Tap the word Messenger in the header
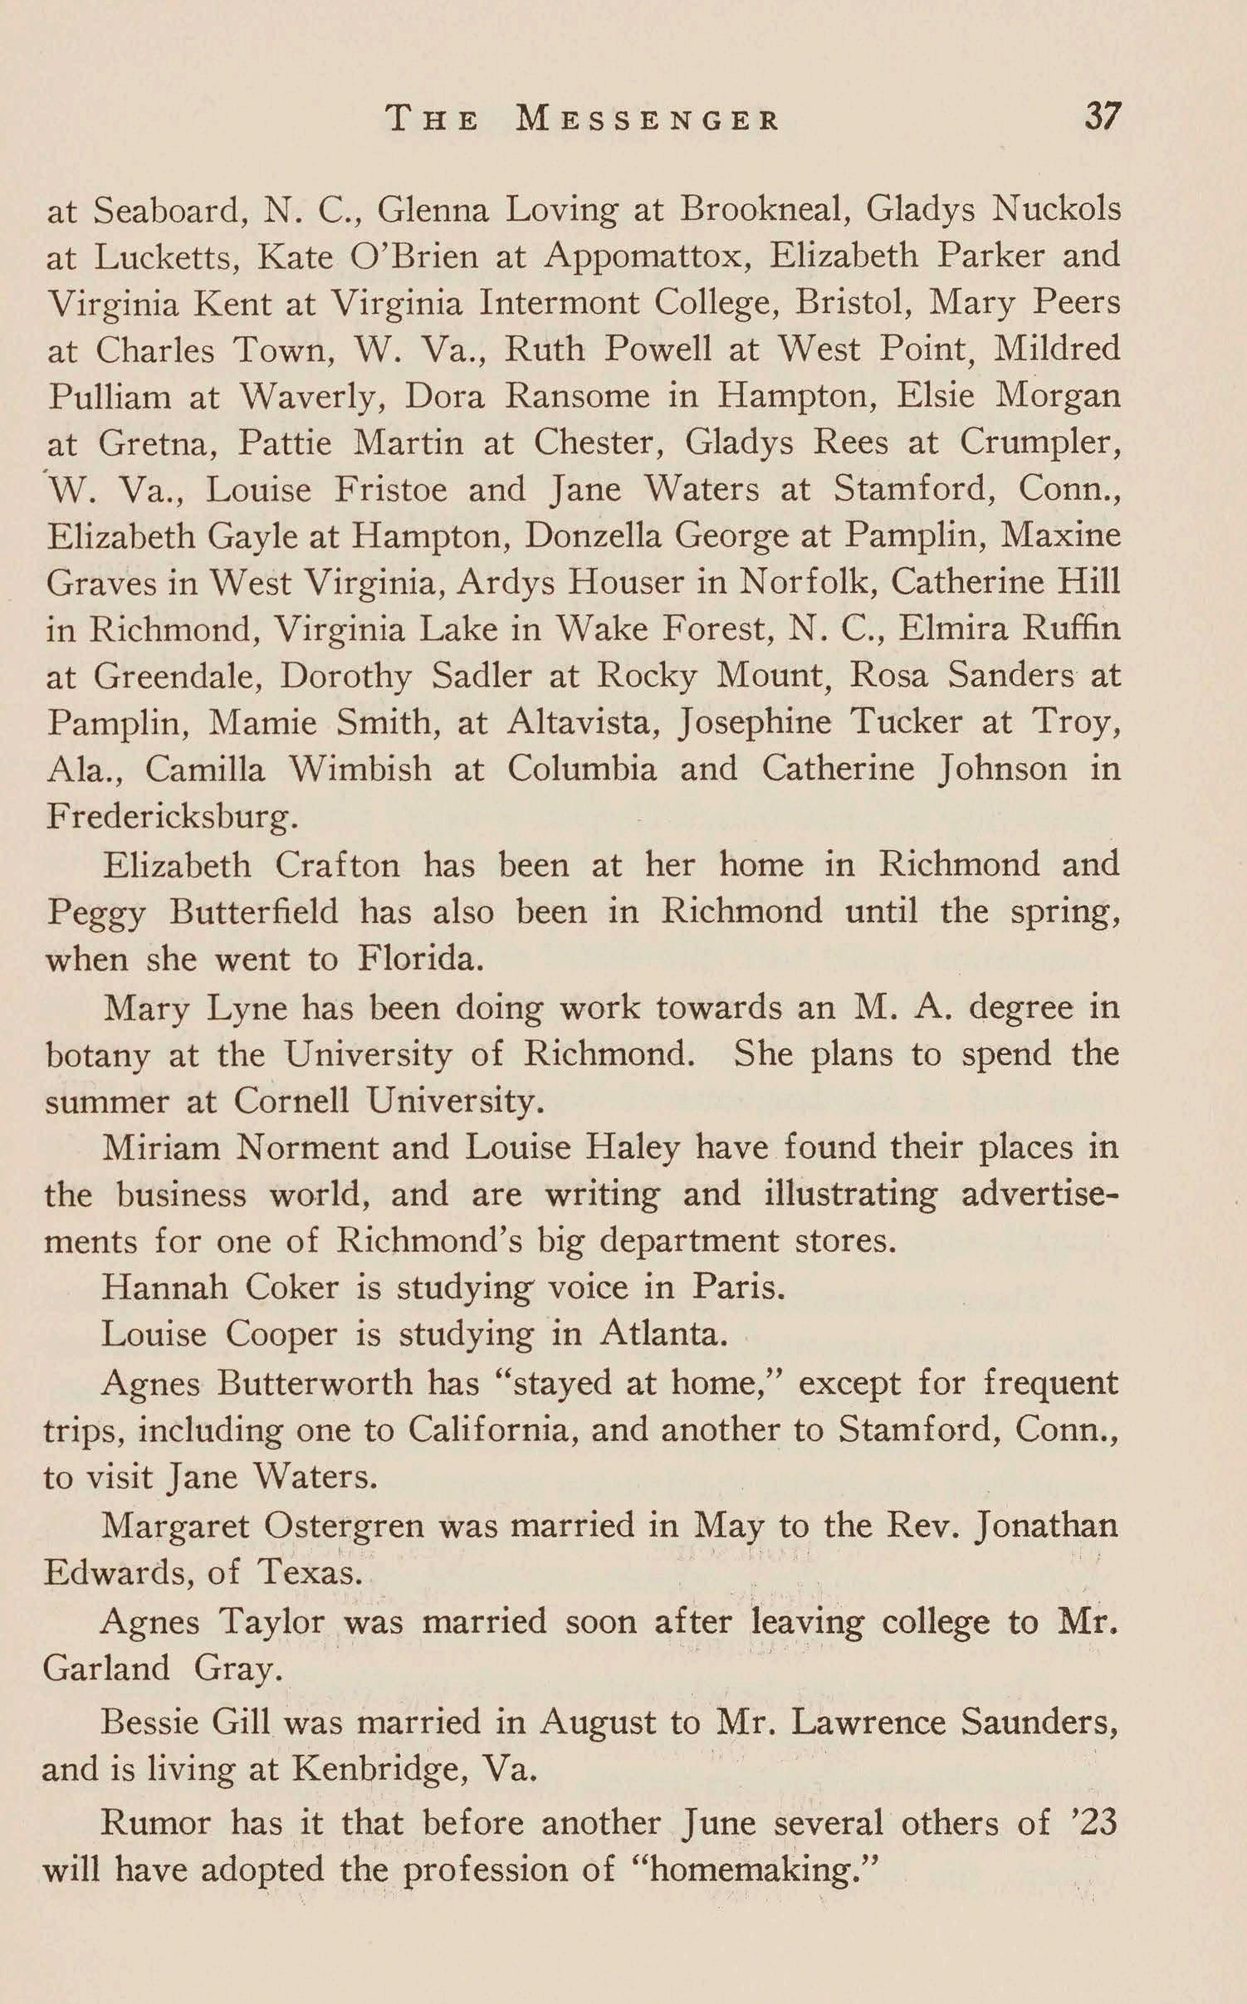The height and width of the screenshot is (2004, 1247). click(648, 120)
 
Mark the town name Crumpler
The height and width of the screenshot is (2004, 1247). click(1037, 442)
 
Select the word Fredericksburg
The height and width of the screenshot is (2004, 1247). click(171, 817)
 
